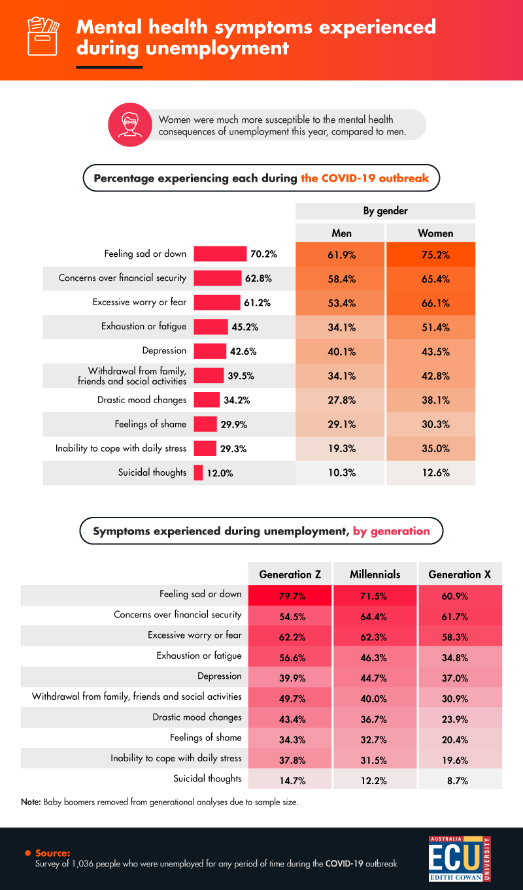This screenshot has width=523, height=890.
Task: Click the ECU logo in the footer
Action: (x=459, y=857)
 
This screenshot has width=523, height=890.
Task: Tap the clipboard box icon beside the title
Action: (x=42, y=37)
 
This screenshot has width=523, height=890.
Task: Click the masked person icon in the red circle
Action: (x=129, y=125)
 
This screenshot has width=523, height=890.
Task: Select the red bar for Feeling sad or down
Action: (x=220, y=254)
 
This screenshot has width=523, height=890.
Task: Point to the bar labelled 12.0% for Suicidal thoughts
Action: (x=198, y=472)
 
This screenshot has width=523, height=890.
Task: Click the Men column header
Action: (x=341, y=233)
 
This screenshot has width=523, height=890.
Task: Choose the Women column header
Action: (x=431, y=233)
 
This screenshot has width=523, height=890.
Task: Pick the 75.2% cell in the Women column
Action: (x=431, y=255)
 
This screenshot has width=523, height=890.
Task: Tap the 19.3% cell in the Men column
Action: (x=341, y=449)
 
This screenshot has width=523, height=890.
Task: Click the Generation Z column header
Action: (x=290, y=574)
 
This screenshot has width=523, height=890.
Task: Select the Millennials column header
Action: (x=375, y=574)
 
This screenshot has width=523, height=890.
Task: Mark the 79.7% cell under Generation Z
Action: (x=290, y=596)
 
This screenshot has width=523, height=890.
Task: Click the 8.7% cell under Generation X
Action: (x=460, y=780)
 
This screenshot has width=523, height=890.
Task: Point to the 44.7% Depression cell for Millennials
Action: (x=375, y=678)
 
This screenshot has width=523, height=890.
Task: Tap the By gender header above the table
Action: (x=386, y=211)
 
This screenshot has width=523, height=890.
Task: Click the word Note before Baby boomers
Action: (x=31, y=802)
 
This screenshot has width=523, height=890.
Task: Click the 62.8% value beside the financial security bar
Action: (x=258, y=278)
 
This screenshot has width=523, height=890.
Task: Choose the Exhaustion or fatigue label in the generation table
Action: (x=199, y=655)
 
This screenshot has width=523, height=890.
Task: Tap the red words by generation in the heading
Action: (x=392, y=531)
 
